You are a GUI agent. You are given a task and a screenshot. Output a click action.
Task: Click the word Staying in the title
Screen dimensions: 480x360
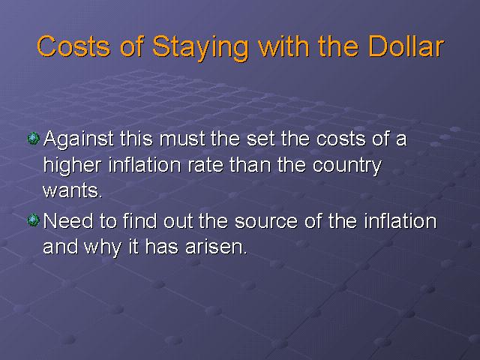[x=200, y=47]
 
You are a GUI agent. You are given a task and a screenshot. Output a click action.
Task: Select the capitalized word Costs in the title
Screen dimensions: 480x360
[x=73, y=46]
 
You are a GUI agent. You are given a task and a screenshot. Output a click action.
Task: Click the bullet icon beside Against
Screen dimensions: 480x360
[x=33, y=138]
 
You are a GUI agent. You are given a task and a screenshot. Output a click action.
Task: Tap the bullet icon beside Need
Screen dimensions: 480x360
[x=33, y=220]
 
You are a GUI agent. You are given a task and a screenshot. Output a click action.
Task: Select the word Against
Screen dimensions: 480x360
[x=79, y=140]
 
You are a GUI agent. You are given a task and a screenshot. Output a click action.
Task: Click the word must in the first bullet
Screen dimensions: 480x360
[x=182, y=139]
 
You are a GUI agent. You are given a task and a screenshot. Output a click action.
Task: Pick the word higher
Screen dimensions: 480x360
[x=72, y=166]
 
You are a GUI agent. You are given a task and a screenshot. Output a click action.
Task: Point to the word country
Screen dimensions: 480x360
[x=346, y=166]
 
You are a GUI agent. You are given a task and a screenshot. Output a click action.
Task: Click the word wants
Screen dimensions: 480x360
[x=73, y=191]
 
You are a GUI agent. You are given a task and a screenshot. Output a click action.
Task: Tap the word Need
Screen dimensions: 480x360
[x=68, y=220]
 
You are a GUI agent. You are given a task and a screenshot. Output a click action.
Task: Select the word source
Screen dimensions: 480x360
[x=266, y=222]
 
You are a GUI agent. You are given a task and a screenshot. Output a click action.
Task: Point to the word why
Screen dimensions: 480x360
[x=103, y=248]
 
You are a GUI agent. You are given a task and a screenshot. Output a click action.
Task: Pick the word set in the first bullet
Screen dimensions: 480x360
[x=260, y=139]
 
